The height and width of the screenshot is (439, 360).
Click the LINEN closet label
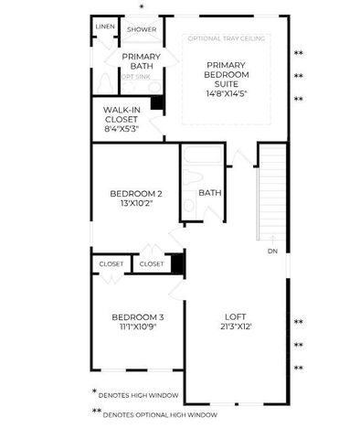tap(105, 27)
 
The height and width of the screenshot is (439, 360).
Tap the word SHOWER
tap(142, 29)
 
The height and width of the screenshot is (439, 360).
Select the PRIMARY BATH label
tap(142, 61)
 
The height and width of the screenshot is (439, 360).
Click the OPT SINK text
tap(136, 77)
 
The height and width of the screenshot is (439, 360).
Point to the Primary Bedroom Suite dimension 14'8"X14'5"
tap(226, 93)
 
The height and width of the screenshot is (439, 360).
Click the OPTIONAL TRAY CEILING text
tap(227, 38)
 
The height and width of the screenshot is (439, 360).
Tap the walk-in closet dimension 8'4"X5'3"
tap(122, 129)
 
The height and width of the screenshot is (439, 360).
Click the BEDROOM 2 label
tap(136, 194)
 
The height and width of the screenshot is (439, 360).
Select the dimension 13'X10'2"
tap(136, 203)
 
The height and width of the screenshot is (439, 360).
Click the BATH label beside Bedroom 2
tap(210, 193)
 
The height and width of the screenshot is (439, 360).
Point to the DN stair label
tap(272, 252)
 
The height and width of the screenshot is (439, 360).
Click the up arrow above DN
tap(273, 239)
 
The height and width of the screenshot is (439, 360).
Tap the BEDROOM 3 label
tap(138, 317)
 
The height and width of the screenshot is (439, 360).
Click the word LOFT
tap(236, 316)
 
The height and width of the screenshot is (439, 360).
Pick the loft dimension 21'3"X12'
tap(236, 327)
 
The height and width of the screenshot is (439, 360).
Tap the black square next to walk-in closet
tap(157, 102)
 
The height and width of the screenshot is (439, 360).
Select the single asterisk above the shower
tap(142, 6)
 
